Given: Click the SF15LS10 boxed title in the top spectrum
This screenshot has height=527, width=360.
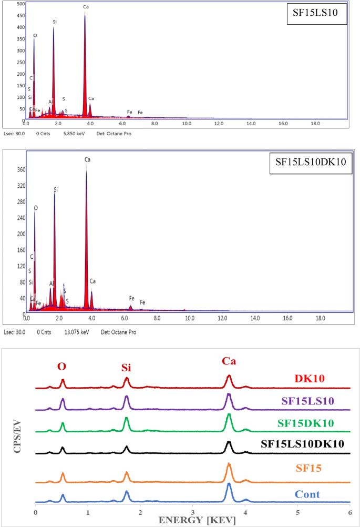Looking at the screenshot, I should (317, 15).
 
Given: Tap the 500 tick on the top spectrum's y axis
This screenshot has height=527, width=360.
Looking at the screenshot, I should (21, 4).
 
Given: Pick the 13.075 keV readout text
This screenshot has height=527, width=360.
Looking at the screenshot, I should (74, 332).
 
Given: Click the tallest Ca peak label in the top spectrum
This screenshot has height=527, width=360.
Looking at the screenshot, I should (86, 7).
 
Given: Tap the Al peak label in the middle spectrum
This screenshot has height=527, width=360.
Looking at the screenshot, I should (51, 283).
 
